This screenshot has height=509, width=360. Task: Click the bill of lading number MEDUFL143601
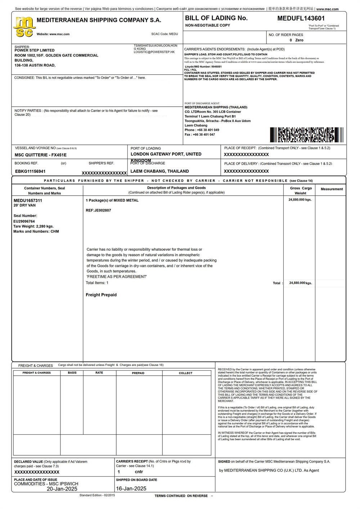click(301, 18)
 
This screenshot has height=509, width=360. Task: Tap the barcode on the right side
click(306, 135)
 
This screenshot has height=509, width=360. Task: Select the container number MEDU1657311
click(28, 201)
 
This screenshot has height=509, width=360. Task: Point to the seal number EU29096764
click(24, 222)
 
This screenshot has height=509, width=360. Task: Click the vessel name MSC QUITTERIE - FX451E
click(41, 155)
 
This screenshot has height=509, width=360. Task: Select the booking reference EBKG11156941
click(30, 171)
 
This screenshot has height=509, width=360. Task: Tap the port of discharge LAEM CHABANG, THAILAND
click(159, 171)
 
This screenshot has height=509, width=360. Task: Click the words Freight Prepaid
click(101, 295)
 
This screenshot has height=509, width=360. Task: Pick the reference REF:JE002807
click(98, 210)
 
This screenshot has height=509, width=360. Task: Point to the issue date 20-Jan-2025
click(62, 489)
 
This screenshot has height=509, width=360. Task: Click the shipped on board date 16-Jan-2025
click(131, 489)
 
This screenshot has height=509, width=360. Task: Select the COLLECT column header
click(186, 373)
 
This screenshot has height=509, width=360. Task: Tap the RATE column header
click(99, 373)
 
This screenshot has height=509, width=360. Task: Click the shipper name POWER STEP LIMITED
click(35, 50)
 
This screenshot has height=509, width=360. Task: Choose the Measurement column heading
click(332, 189)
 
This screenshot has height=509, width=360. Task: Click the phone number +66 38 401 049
click(208, 130)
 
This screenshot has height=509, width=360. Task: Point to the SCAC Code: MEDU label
click(165, 34)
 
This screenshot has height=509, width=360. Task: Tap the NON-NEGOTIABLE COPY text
click(207, 26)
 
